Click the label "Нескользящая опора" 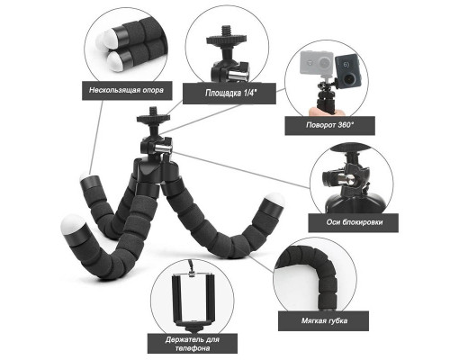tap(127, 90)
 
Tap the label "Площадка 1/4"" tap(229, 94)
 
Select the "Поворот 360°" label tap(329, 125)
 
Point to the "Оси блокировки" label tap(354, 222)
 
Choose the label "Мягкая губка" tap(324, 320)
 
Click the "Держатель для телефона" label tap(193, 344)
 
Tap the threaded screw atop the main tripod tap(154, 111)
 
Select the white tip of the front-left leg tap(73, 225)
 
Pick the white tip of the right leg tap(274, 199)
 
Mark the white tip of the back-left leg tap(85, 177)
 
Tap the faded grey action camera tap(318, 63)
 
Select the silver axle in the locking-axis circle tap(347, 180)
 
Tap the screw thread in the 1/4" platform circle tap(226, 31)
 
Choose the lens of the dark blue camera tap(348, 78)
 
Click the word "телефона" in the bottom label tap(193, 348)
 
